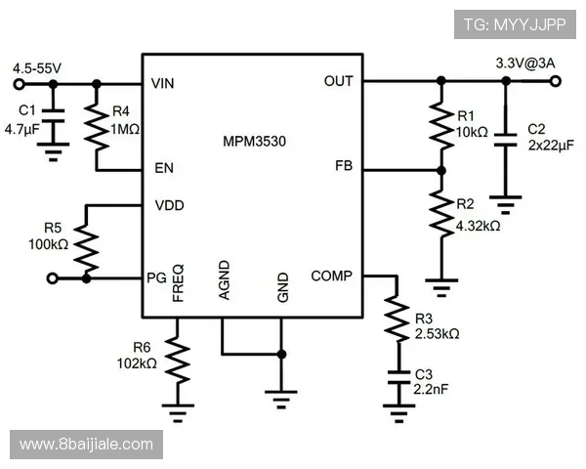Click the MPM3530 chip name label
(x=253, y=141)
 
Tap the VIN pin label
(x=163, y=84)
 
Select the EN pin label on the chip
(x=163, y=168)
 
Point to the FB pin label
(x=343, y=166)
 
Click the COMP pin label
(x=331, y=277)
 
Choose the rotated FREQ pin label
(x=178, y=281)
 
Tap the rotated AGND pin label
(x=224, y=280)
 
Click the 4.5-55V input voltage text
(x=37, y=68)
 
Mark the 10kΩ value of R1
(x=472, y=131)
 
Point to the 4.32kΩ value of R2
(x=478, y=226)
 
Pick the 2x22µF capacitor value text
(x=548, y=146)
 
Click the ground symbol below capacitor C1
(x=53, y=148)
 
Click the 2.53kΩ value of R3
(x=436, y=334)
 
